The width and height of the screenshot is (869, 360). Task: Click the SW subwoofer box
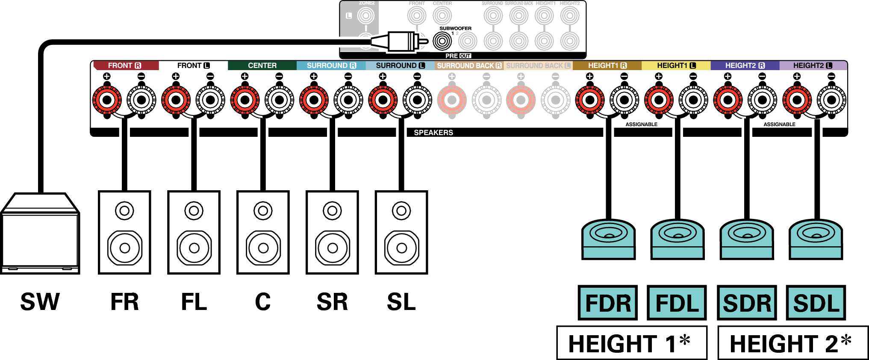click(40, 234)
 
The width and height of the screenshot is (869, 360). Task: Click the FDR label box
click(607, 303)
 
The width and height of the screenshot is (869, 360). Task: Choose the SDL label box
click(816, 303)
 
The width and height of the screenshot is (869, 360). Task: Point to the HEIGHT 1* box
click(631, 343)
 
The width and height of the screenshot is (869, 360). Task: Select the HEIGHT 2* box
click(792, 343)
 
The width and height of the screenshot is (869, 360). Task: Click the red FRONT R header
click(125, 65)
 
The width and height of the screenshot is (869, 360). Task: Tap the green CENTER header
click(262, 65)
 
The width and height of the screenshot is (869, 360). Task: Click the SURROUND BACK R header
click(469, 65)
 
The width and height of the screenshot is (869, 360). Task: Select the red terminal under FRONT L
click(176, 100)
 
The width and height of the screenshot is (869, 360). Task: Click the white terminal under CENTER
click(280, 100)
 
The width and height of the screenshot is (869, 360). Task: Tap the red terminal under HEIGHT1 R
click(590, 100)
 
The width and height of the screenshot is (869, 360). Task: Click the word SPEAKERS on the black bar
click(433, 133)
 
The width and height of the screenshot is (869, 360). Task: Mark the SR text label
click(332, 302)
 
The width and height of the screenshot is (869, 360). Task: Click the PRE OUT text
click(458, 56)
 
